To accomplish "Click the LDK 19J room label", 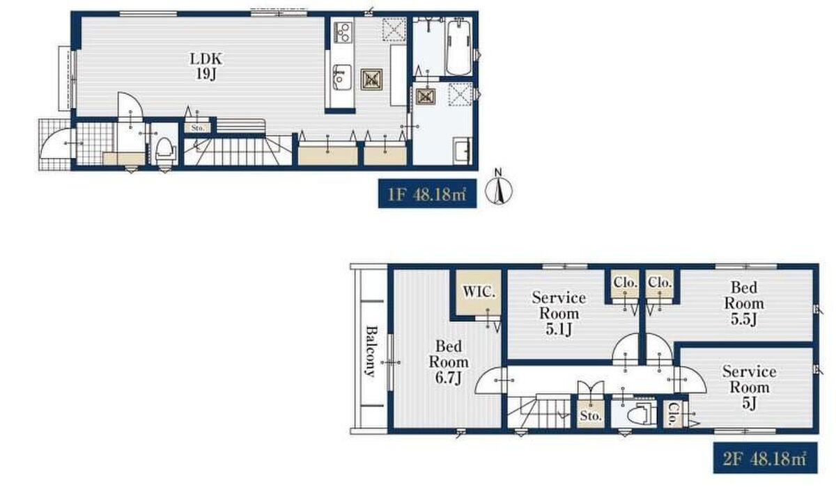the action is pos(206,66).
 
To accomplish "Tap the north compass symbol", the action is pos(499,189).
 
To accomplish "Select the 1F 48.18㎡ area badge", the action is pos(427,194).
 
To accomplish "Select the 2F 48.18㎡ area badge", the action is pos(765,458).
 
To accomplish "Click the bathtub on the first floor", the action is pos(458,47).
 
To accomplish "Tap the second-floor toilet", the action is pos(641,413).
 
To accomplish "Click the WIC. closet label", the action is pos(479,292).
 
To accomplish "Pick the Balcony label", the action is pos(371,351).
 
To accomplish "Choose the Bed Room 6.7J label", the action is pos(449,362).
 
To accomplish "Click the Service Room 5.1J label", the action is pos(559,313).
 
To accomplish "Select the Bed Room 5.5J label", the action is pos(744,303).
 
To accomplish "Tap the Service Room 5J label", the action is pos(750,387).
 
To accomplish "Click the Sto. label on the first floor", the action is pos(197,128).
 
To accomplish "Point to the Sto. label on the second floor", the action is pos(591,415).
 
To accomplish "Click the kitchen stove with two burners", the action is pos(343,33).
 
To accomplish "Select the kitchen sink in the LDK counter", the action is pos(342,77).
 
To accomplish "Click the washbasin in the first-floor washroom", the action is pos(463,150).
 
